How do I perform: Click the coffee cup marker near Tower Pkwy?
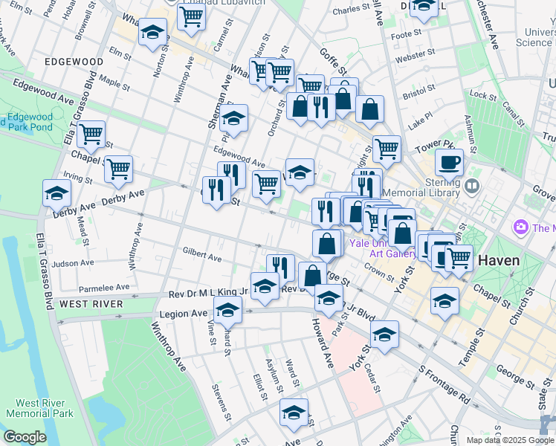coord(449,161)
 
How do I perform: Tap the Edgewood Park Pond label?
coord(28,122)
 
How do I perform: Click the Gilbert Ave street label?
coord(202,257)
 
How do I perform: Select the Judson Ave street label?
coord(73,262)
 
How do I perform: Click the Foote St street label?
coord(406,35)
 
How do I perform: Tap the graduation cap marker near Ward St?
coord(294,413)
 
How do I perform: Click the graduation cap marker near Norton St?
coord(152,33)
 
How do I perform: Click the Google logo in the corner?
coord(25,437)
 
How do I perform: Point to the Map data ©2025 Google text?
coord(509,440)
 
